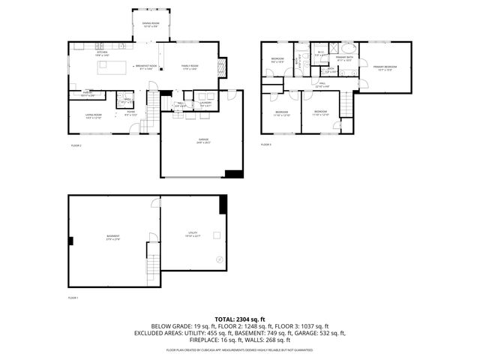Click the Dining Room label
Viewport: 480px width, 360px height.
pyautogui.click(x=151, y=25)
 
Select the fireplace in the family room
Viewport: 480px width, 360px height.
pyautogui.click(x=220, y=67)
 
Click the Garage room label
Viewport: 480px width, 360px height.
pyautogui.click(x=202, y=141)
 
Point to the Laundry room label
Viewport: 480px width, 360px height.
pyautogui.click(x=205, y=105)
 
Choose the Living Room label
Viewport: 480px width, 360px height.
pyautogui.click(x=93, y=116)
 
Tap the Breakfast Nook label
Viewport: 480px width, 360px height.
pyautogui.click(x=146, y=67)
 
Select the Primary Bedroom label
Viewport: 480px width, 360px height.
pyautogui.click(x=385, y=67)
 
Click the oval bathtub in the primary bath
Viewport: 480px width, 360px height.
pyautogui.click(x=348, y=72)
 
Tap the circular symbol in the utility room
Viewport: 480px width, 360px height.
pyautogui.click(x=220, y=259)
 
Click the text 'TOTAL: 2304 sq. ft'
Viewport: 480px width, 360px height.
pyautogui.click(x=239, y=319)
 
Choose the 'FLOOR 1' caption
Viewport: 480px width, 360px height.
pyautogui.click(x=73, y=298)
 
